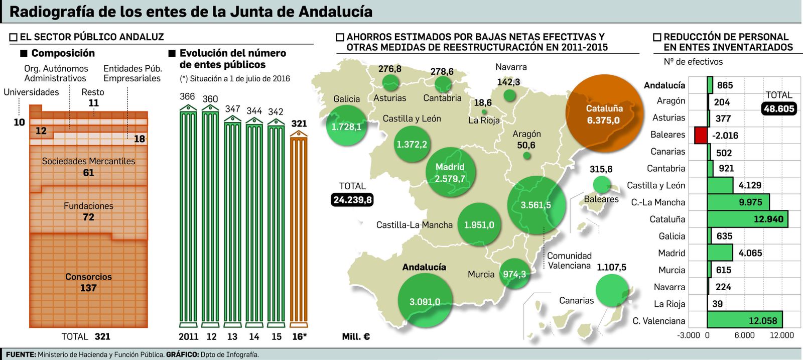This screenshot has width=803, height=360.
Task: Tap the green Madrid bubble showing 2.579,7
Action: coord(450,173)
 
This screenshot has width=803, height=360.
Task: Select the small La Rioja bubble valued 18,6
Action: coord(484,112)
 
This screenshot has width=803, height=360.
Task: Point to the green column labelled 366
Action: coord(188,216)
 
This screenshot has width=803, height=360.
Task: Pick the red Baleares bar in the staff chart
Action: coord(701,135)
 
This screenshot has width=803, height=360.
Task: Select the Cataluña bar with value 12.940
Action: coord(747,219)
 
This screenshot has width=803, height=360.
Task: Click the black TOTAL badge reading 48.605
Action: coord(779,108)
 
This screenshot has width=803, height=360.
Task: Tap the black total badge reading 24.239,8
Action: coord(352,200)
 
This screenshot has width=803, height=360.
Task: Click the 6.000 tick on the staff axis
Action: coord(744,335)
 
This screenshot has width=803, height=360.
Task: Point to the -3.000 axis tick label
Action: coord(688,335)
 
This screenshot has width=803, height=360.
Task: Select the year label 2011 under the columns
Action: coord(188,336)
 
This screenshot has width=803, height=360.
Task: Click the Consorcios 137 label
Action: coord(88,282)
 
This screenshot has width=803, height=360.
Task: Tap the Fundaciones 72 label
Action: coord(88,211)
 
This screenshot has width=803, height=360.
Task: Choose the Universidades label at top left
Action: coord(31,92)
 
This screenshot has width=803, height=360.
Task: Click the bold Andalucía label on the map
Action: coord(424,267)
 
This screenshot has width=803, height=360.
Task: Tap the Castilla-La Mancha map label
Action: coord(414,225)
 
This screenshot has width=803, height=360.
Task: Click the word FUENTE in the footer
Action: coord(21,354)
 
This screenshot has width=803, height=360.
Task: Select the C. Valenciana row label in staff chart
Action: coord(658,321)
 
